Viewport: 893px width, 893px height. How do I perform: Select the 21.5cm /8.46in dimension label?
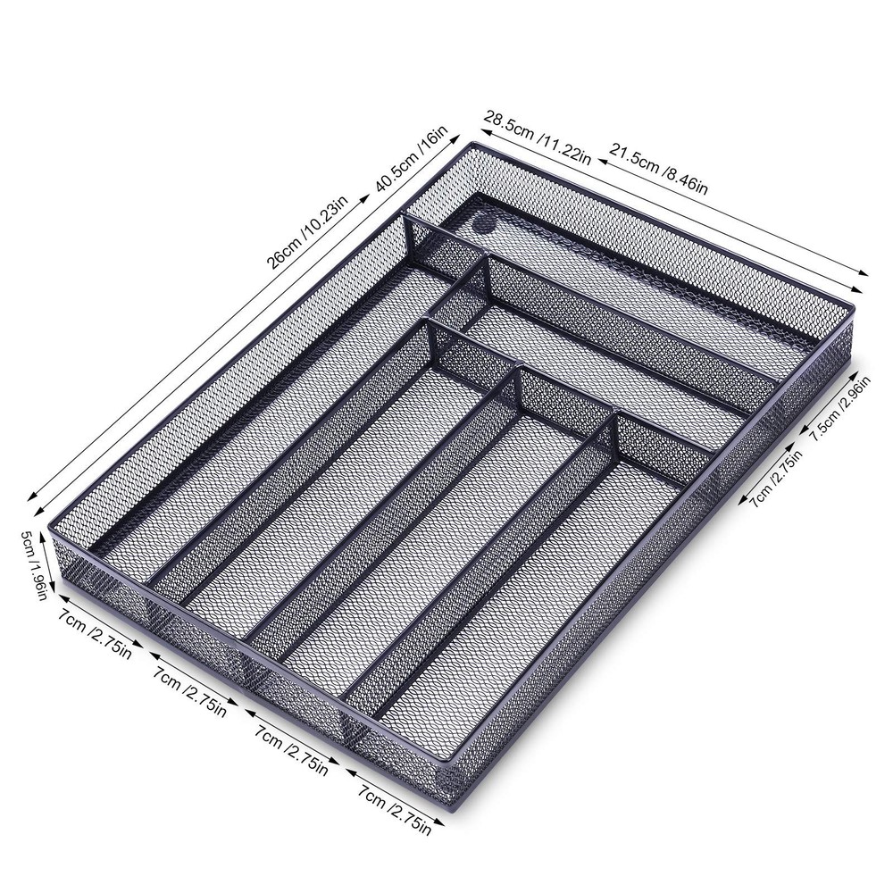pos(659,167)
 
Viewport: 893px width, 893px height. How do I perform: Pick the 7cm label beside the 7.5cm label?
pos(775,478)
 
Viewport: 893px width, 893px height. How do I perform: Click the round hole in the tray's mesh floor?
pos(485,221)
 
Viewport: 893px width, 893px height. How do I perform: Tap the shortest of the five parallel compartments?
pos(527,572)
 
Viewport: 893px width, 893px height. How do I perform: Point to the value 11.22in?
pos(563,145)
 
